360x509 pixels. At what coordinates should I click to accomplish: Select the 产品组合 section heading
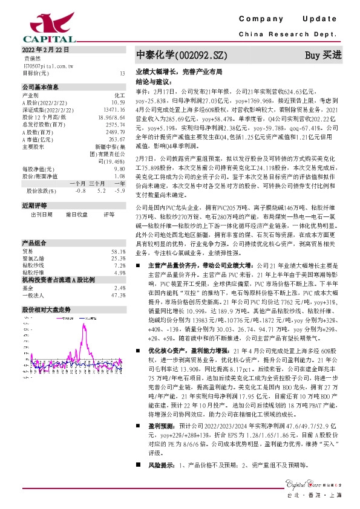pos(34,242)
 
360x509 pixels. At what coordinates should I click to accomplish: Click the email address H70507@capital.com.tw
pos(48,65)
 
